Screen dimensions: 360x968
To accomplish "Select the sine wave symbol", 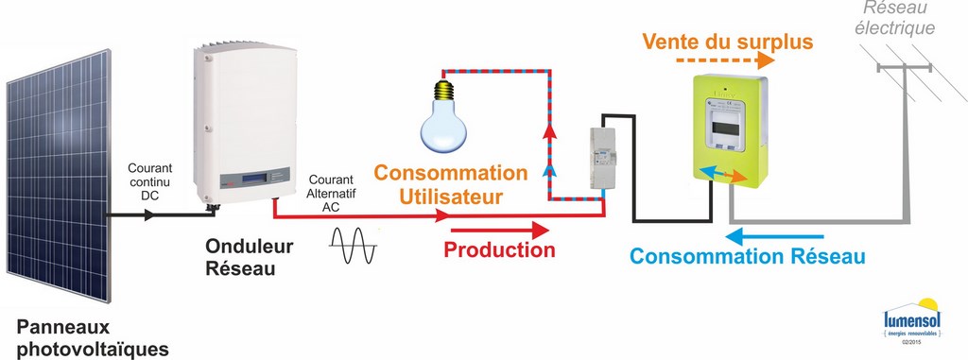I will click(354, 248).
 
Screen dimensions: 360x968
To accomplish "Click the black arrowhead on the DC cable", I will click(147, 216).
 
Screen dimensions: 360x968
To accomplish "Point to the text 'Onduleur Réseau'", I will click(250, 257).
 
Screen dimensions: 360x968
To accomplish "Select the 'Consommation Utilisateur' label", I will click(449, 185).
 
